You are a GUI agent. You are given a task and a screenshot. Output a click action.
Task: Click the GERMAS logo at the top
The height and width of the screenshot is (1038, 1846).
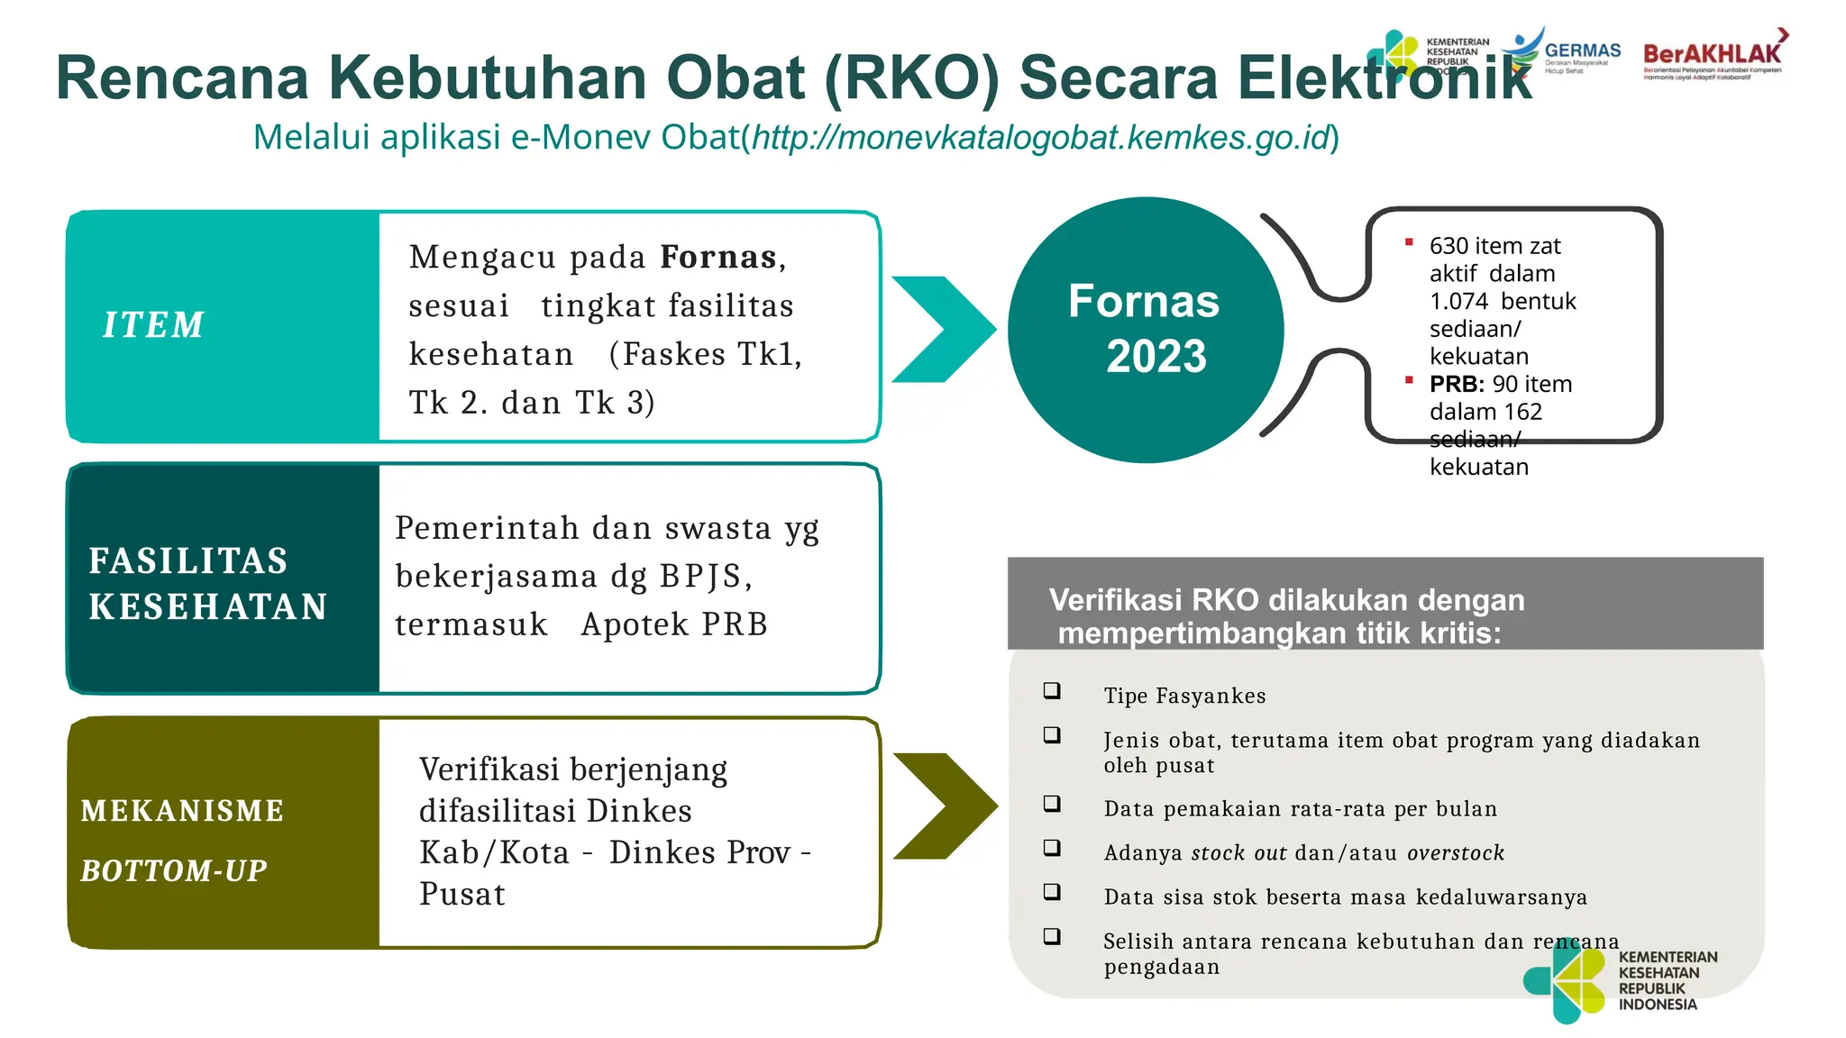(1568, 52)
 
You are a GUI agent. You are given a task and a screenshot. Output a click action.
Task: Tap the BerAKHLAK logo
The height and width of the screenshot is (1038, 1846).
(1713, 56)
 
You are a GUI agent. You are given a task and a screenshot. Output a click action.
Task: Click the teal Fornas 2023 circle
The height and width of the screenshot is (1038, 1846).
(1145, 329)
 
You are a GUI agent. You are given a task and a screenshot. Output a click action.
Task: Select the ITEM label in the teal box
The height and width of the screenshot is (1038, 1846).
(153, 325)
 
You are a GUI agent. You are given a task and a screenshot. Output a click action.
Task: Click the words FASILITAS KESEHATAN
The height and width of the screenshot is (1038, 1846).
(207, 583)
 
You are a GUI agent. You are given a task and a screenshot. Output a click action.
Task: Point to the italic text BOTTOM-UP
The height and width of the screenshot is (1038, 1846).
(174, 870)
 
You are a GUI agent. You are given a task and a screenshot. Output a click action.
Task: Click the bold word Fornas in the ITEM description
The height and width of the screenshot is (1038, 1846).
(718, 258)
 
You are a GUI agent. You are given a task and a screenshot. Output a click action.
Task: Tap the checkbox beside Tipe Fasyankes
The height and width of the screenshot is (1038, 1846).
(1052, 691)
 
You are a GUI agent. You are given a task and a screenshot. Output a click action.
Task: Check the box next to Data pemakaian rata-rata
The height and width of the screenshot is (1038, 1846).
(1052, 804)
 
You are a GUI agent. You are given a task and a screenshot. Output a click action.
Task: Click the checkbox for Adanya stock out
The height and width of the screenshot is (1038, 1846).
(1052, 848)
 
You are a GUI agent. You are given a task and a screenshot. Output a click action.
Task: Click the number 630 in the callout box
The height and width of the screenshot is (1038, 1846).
(1448, 246)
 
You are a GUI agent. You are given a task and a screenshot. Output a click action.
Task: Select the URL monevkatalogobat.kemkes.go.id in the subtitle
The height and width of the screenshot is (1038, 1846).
(1041, 138)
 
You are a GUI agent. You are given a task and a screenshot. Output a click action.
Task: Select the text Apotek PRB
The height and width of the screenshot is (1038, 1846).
(674, 624)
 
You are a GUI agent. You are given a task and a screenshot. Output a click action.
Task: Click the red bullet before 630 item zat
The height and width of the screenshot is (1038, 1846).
(1409, 241)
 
